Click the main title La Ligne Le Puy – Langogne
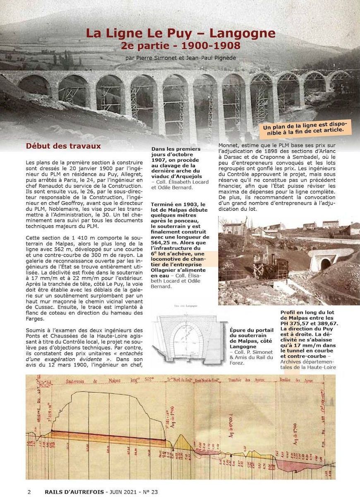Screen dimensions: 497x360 click(180, 33)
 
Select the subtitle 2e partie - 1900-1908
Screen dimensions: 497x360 click(180, 45)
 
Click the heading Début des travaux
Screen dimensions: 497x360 click(63, 146)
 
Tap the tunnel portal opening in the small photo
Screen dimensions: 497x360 click(326, 264)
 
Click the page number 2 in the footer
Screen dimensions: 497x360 click(29, 492)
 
